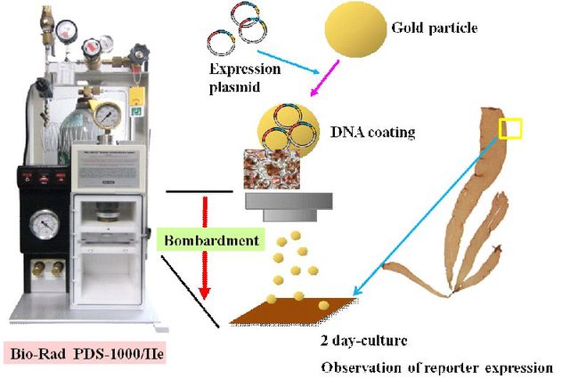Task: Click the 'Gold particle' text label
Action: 435,28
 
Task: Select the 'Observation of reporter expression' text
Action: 435,365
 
